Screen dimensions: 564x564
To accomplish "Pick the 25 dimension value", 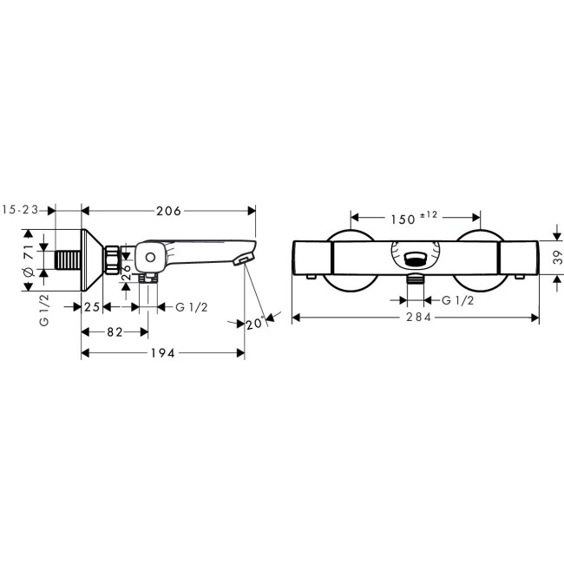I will point(92,307).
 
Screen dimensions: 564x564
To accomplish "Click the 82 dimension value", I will point(113,331).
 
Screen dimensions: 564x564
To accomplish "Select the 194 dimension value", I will point(163,353).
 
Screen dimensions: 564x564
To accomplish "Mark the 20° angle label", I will point(253,324).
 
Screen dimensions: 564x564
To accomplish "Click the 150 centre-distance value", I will point(402,220).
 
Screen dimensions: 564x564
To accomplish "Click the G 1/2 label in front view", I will point(457,300).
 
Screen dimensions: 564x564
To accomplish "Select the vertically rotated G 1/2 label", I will point(43,309).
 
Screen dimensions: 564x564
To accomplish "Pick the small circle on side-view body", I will point(150,257).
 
